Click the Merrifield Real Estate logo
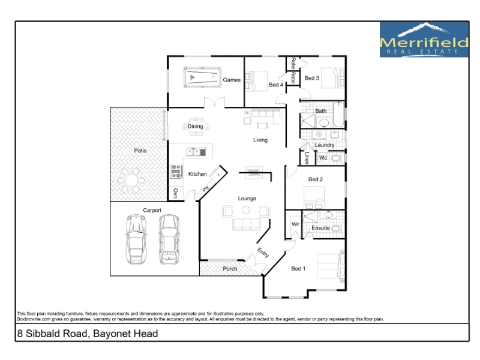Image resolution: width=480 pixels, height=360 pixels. [424, 40]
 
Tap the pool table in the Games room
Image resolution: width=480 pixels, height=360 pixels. [202, 77]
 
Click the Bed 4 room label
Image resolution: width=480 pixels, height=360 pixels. [276, 85]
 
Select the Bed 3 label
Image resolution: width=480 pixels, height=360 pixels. [311, 78]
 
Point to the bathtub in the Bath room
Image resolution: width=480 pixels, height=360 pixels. [338, 115]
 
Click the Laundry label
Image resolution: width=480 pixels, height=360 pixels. [324, 145]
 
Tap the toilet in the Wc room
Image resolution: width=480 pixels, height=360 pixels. [336, 158]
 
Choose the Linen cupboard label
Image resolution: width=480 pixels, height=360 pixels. [307, 158]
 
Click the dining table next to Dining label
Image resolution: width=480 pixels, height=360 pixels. [196, 127]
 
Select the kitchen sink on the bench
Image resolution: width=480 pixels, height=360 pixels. [196, 152]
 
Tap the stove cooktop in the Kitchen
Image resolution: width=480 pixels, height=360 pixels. [176, 172]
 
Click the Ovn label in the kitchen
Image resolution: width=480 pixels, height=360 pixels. [175, 193]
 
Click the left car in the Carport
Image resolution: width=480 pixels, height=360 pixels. [136, 239]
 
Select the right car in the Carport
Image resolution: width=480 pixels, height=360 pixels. [169, 239]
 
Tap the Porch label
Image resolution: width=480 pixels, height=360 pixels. [230, 269]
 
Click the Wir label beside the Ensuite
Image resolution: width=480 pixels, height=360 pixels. [295, 224]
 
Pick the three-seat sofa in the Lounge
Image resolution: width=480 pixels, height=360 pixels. [246, 224]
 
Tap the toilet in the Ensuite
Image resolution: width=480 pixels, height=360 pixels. [336, 229]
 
